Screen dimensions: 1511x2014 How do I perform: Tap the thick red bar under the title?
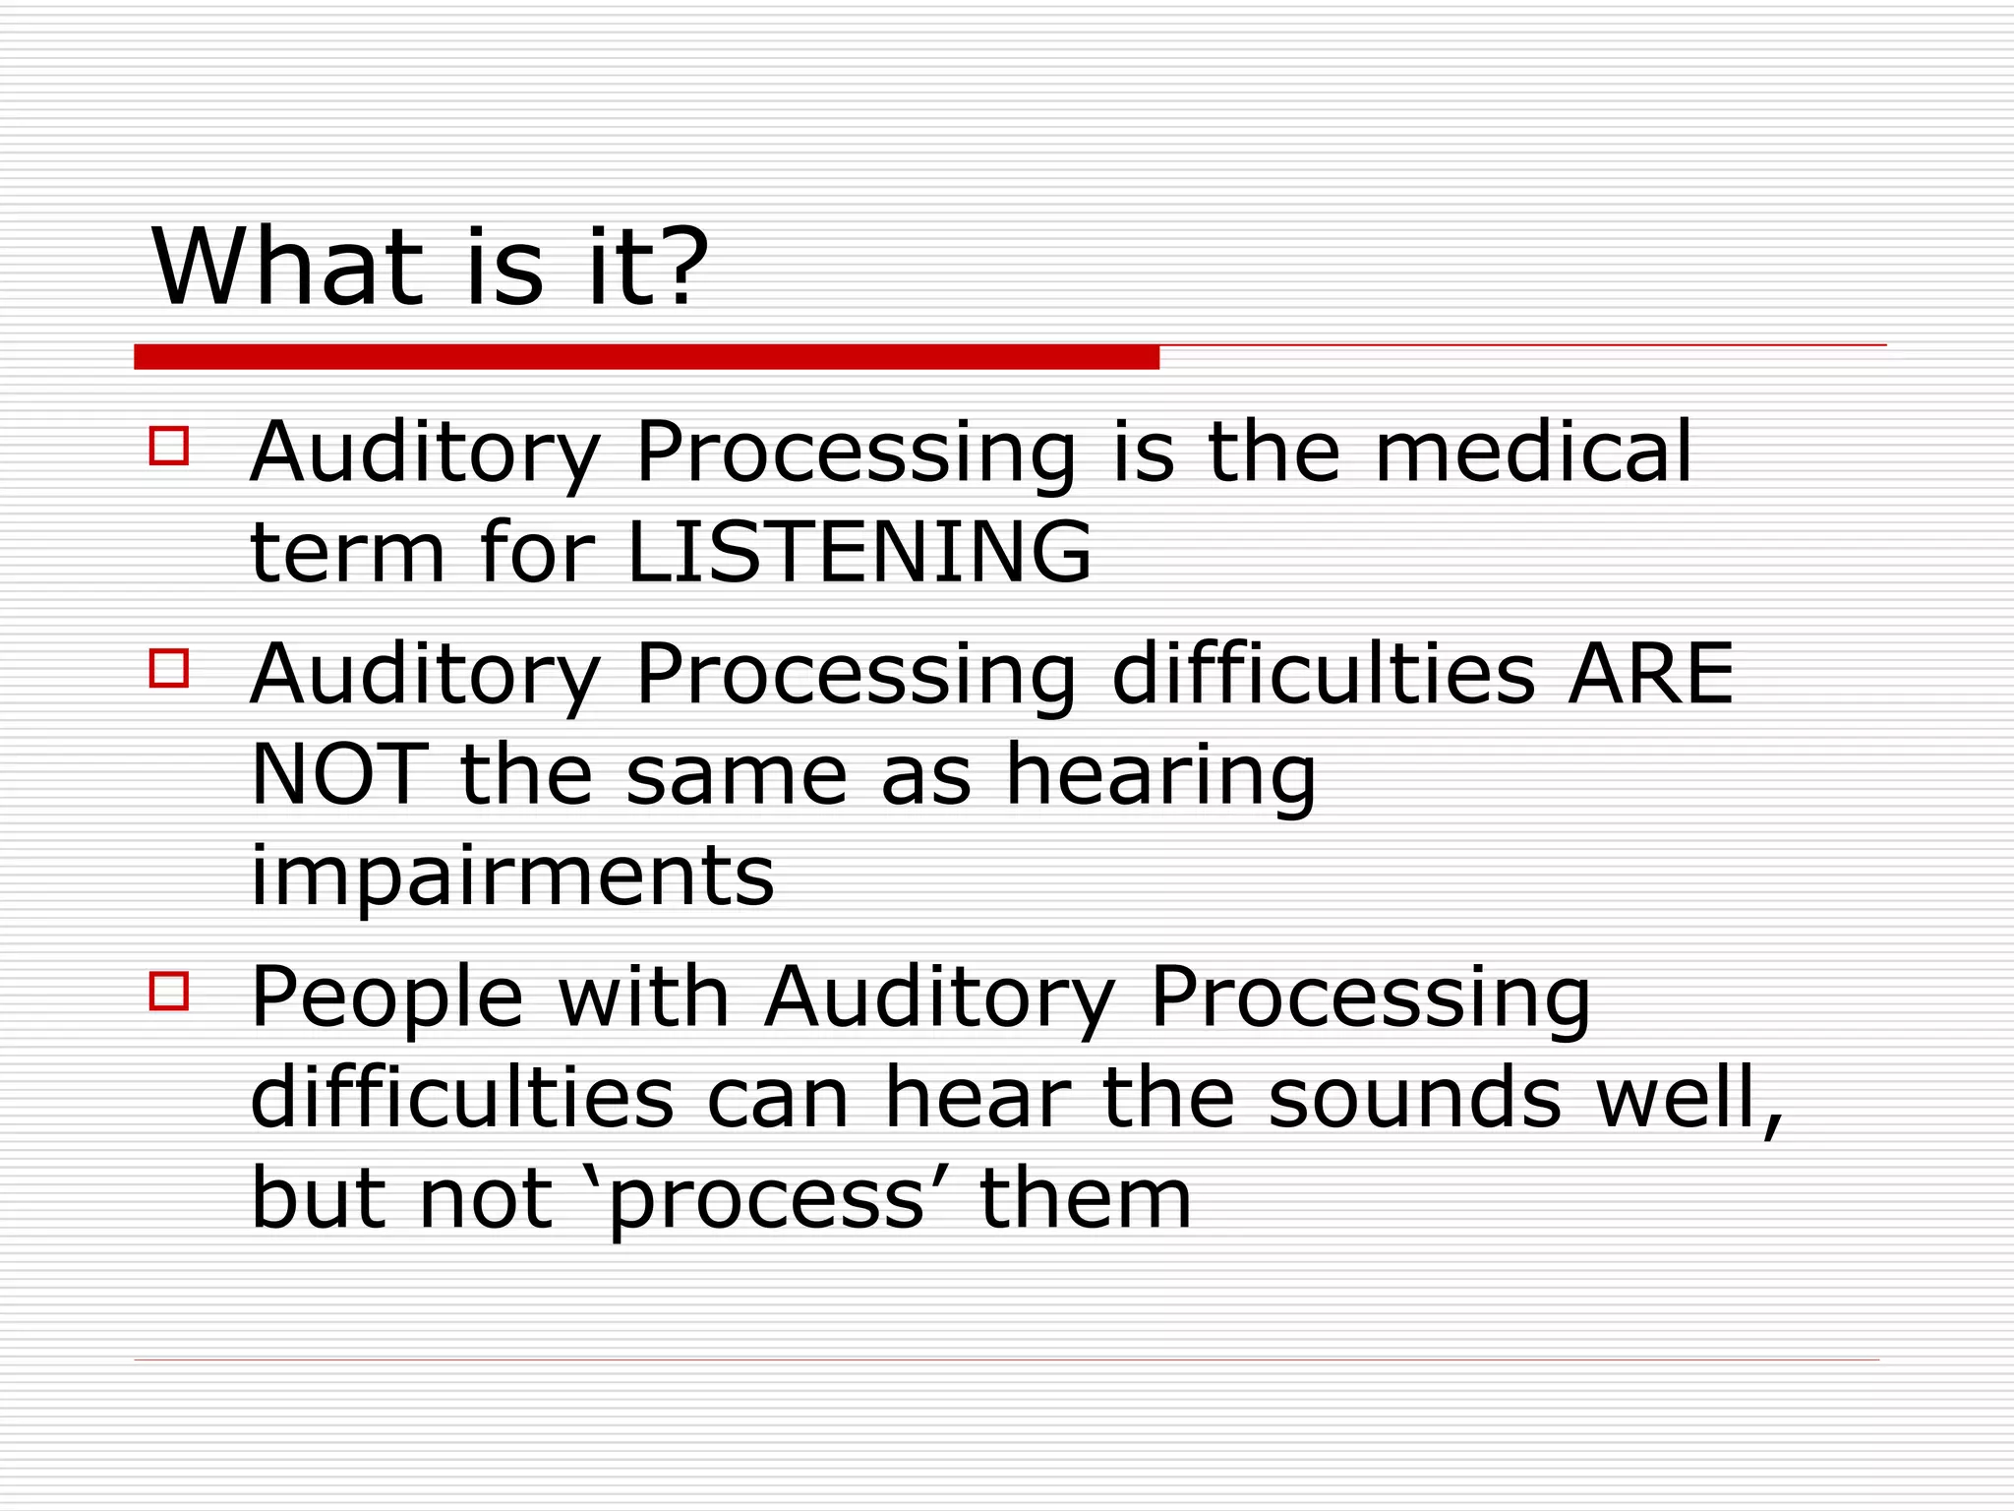646,357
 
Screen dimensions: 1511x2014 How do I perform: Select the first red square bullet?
169,445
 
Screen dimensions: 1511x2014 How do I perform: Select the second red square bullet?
169,667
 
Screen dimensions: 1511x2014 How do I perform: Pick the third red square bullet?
169,991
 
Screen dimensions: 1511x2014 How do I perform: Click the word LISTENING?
859,552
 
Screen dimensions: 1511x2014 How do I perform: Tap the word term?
348,553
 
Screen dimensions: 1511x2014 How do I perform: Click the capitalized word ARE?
1650,674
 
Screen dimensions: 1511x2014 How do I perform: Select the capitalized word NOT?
339,775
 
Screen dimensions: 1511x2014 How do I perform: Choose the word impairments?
512,876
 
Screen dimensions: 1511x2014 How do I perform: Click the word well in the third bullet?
1686,1098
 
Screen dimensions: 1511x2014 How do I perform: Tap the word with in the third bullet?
643,997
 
